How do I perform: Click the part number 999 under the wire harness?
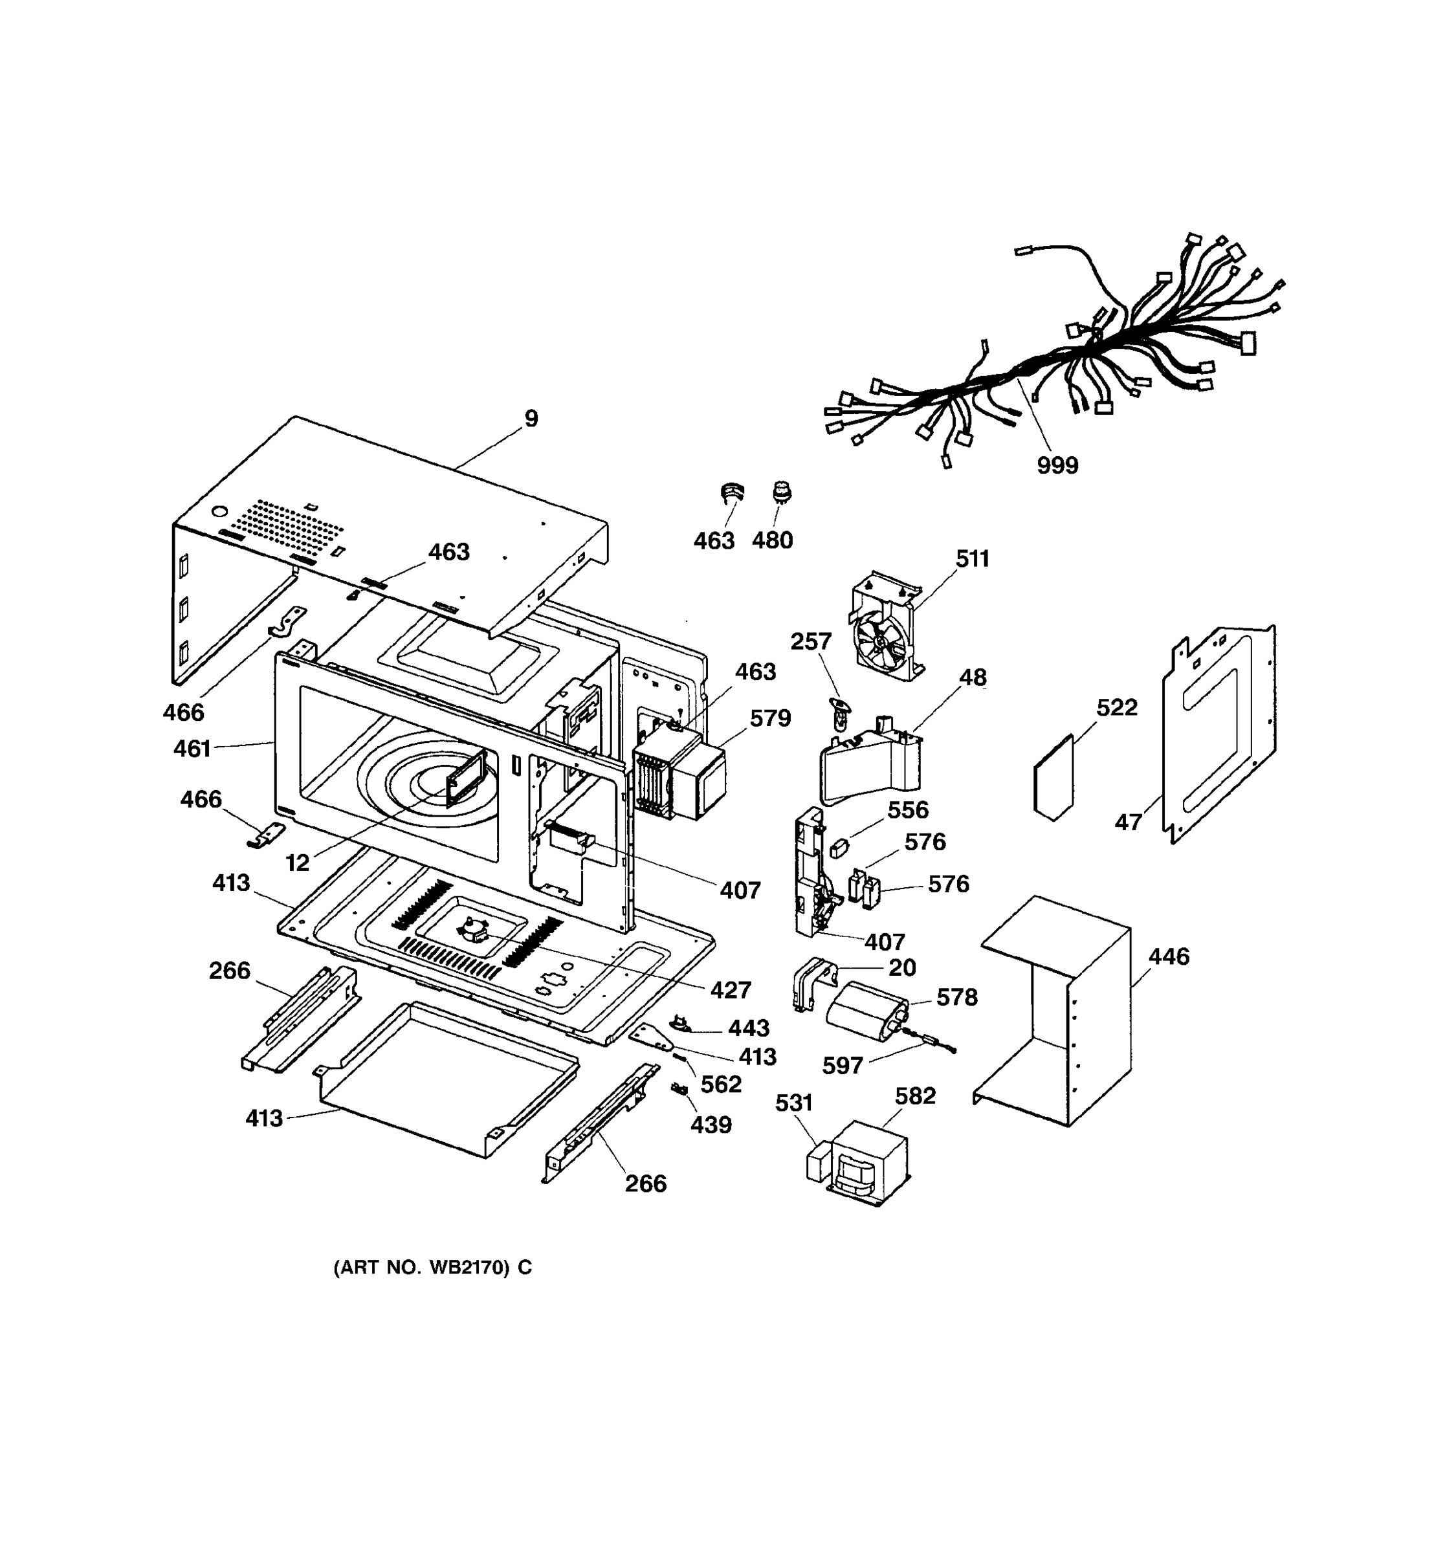[1057, 466]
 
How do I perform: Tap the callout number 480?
[772, 540]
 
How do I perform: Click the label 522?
[1116, 708]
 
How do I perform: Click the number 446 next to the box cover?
[1169, 956]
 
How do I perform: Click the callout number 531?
[793, 1103]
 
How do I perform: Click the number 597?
[842, 1066]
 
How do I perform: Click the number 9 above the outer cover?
[531, 419]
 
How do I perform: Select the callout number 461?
[192, 749]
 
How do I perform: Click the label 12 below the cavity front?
[298, 863]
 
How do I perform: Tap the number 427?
[731, 990]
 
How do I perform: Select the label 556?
[908, 810]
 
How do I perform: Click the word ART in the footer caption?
[360, 1268]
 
